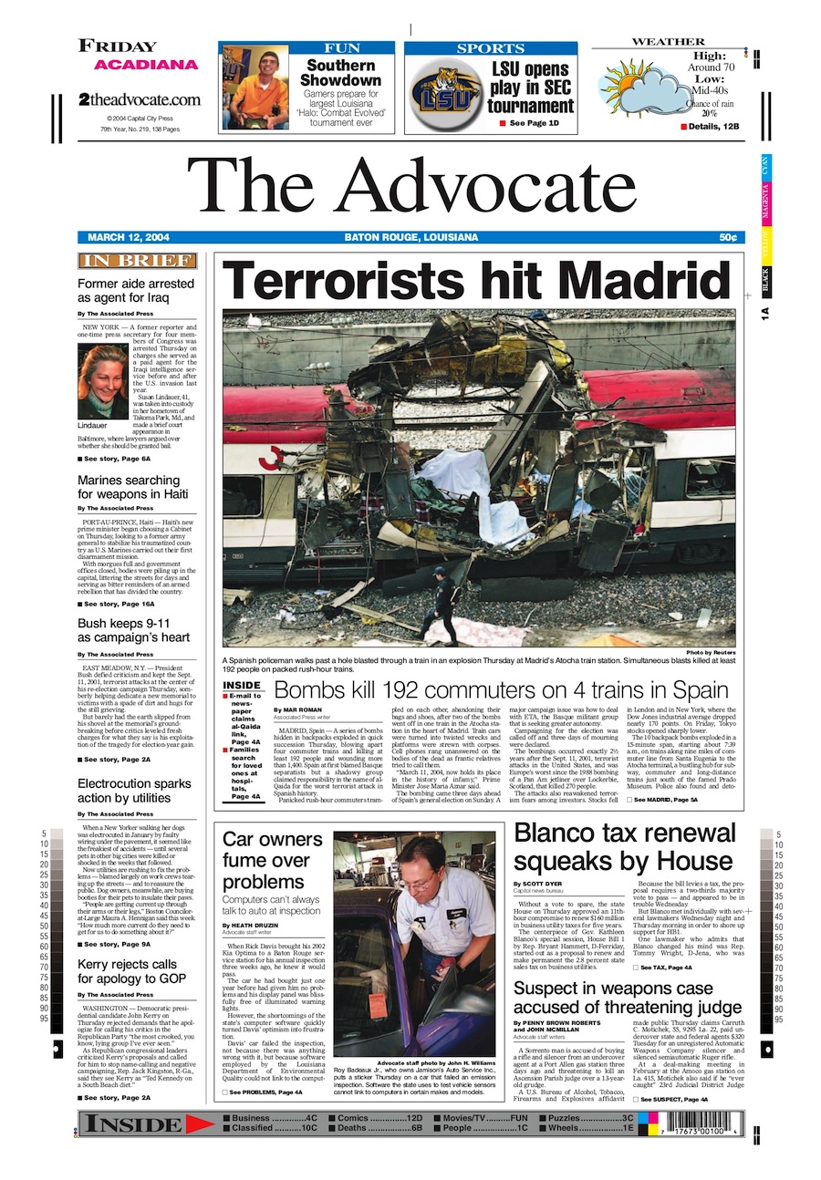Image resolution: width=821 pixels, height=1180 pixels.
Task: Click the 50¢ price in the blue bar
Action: tap(727, 238)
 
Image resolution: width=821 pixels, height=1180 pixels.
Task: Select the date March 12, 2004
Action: tap(129, 238)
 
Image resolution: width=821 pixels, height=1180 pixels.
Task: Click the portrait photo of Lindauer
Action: tap(102, 381)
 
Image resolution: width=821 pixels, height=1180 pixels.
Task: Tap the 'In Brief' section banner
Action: tap(137, 262)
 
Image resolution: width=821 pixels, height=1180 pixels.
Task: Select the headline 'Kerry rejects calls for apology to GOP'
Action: tap(128, 972)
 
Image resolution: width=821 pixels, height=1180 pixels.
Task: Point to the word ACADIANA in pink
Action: tap(146, 65)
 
